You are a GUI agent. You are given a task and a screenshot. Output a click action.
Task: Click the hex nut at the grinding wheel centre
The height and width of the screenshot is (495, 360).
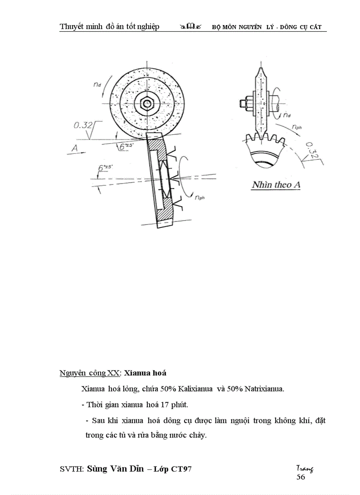point(146,103)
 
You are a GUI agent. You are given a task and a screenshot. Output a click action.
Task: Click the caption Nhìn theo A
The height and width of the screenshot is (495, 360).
point(276,185)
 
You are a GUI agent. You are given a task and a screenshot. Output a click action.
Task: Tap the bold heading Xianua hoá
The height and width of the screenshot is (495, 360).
point(145,373)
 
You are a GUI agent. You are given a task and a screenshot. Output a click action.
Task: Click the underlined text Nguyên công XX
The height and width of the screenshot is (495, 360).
point(89,373)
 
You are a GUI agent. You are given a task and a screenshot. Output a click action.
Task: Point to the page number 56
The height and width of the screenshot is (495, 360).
point(300,476)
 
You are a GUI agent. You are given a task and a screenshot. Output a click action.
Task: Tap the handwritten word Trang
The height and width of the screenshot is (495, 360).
point(305,468)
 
